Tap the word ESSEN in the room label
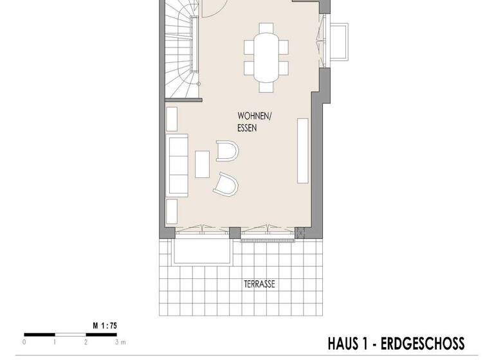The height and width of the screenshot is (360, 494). [x=246, y=128]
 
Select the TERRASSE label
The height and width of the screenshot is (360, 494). [x=259, y=283]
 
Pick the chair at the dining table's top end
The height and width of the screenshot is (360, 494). [x=266, y=30]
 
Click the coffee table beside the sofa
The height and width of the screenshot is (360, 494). [x=202, y=163]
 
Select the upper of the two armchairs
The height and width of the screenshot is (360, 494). [x=227, y=151]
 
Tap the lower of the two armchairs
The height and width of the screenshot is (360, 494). [x=227, y=183]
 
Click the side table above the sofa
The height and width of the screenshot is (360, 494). [x=172, y=119]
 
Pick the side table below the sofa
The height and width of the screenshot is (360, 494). [x=172, y=210]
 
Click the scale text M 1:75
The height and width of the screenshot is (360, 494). [x=105, y=326]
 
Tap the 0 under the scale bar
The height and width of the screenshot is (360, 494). [x=24, y=342]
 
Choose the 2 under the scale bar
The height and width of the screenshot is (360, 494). [x=86, y=342]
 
